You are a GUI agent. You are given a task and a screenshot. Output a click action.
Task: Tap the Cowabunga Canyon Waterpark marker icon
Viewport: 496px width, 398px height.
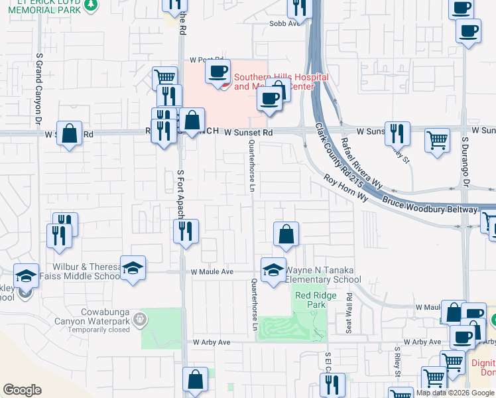tap(139, 320)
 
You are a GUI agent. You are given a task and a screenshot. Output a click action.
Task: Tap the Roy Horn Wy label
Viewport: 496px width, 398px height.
tap(345, 188)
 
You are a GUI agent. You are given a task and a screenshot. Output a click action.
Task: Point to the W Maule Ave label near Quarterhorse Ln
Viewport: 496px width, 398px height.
tap(212, 272)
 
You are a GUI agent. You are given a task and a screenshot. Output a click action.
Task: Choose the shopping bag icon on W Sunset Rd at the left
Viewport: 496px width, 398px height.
tap(69, 133)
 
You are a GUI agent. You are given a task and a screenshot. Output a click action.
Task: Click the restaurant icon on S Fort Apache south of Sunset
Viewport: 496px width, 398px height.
tap(185, 231)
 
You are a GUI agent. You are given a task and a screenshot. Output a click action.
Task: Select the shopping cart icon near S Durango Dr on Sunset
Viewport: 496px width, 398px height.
tap(437, 139)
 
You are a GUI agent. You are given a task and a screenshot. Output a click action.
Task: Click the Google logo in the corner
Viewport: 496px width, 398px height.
tap(22, 390)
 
